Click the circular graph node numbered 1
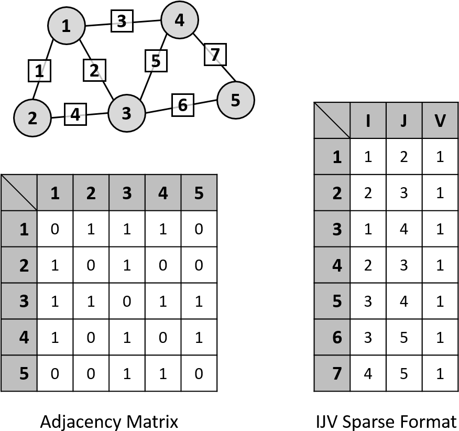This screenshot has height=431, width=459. [67, 26]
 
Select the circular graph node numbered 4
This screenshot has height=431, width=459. [180, 20]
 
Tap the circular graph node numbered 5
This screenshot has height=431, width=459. [236, 100]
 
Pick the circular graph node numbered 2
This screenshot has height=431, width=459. [32, 118]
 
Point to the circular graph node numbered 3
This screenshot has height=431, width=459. [127, 113]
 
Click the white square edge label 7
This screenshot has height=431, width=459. [215, 55]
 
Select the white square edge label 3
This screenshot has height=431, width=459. [122, 21]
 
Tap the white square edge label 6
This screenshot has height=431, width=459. [183, 105]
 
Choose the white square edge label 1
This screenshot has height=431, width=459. [40, 71]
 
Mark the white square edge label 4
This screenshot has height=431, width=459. [75, 114]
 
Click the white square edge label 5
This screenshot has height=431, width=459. [156, 61]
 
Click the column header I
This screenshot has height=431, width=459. [368, 121]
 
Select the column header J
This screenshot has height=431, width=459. [404, 121]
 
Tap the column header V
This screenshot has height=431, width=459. [440, 121]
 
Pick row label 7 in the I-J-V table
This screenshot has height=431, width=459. [332, 373]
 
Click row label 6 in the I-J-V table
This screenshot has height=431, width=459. [332, 337]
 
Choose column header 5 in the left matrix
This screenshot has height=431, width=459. [199, 193]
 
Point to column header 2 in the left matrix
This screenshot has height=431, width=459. [91, 193]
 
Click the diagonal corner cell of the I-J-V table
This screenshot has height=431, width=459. [332, 121]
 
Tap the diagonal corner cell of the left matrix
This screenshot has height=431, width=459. [19, 193]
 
